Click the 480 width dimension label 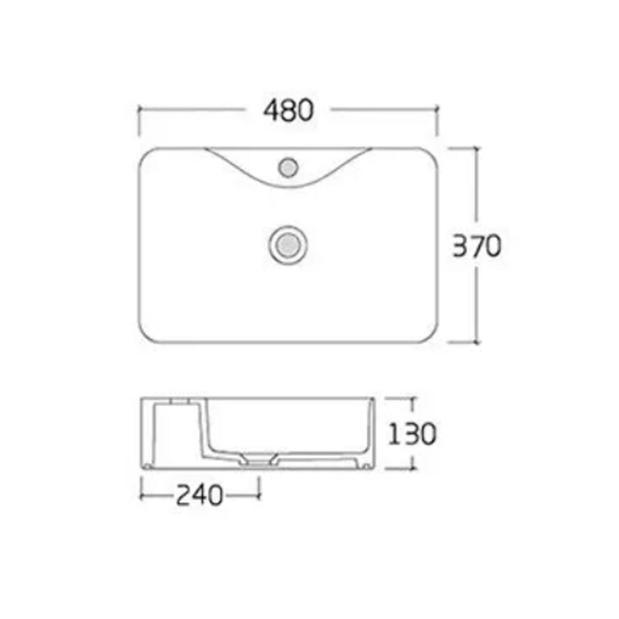(x=288, y=110)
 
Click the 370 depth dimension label (x=477, y=246)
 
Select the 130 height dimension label (x=412, y=433)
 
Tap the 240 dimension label (x=199, y=495)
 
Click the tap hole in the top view (x=288, y=167)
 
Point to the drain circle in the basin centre (x=288, y=245)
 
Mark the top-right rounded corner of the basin (x=432, y=153)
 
